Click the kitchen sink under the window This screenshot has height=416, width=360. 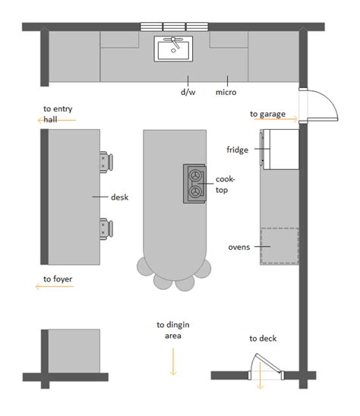click(175, 51)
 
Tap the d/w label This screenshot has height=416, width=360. click(188, 93)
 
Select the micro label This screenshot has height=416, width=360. click(226, 93)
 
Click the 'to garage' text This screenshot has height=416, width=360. click(267, 115)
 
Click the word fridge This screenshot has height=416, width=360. click(238, 150)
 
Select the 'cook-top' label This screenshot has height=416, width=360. click(226, 184)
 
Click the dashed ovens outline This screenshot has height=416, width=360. click(279, 245)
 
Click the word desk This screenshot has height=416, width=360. click(119, 197)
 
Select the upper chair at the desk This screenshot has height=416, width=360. click(106, 160)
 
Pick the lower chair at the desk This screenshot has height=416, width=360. click(106, 226)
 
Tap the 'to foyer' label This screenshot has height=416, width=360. click(58, 279)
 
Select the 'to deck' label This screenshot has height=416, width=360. click(264, 339)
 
